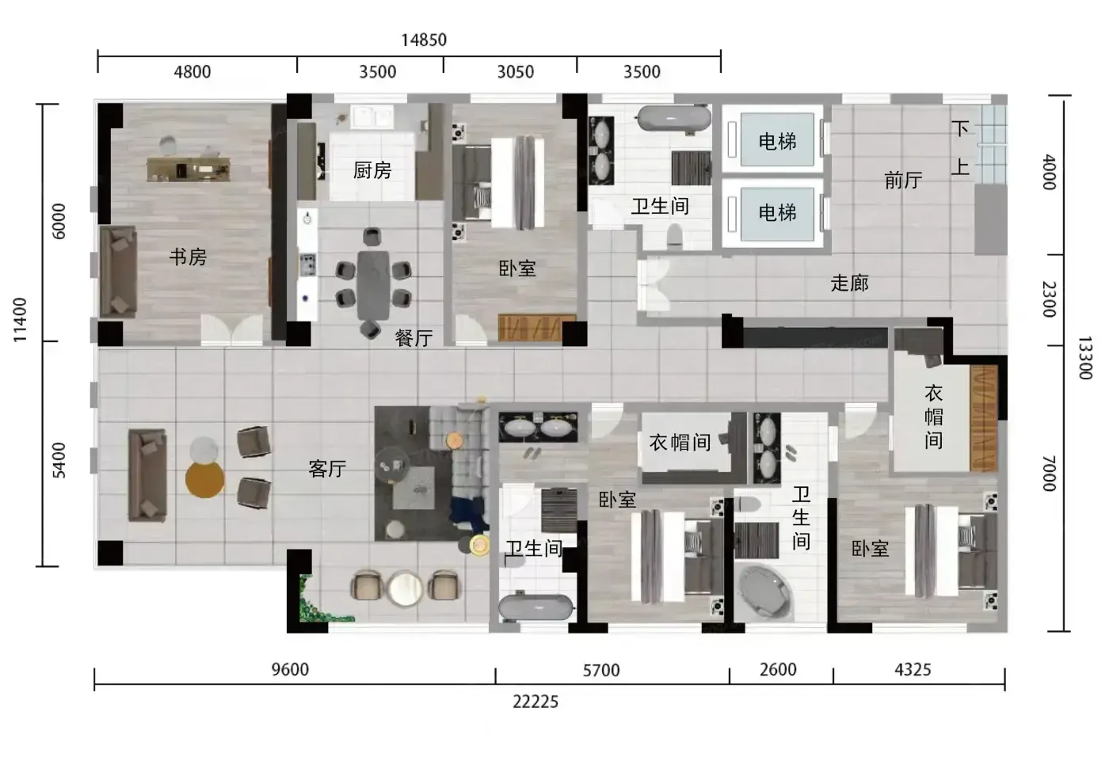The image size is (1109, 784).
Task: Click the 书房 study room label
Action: (x=189, y=257)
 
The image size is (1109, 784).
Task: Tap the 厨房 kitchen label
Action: (x=372, y=170)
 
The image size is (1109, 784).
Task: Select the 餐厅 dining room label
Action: (x=413, y=339)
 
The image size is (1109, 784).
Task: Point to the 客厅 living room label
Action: (x=327, y=469)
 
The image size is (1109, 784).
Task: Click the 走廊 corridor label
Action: (x=849, y=284)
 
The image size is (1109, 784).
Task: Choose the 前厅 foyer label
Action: (x=904, y=181)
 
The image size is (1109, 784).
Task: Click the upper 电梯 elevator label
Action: (x=777, y=142)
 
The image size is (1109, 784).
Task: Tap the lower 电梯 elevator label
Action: (x=777, y=212)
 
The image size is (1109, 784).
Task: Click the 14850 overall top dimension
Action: (x=424, y=40)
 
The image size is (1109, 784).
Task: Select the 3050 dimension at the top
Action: (x=516, y=72)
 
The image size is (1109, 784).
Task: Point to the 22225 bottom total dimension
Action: (x=535, y=702)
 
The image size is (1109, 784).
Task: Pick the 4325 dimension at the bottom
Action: (x=913, y=670)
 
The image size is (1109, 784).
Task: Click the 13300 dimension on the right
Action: (x=1085, y=358)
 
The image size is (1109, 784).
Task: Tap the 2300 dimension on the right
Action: (x=1049, y=299)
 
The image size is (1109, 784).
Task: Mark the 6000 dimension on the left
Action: (x=59, y=221)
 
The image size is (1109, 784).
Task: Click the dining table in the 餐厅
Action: (x=374, y=286)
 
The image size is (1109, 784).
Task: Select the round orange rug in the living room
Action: (x=205, y=479)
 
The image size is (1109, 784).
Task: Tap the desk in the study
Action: (x=189, y=169)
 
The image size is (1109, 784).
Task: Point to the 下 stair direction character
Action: (x=960, y=129)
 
